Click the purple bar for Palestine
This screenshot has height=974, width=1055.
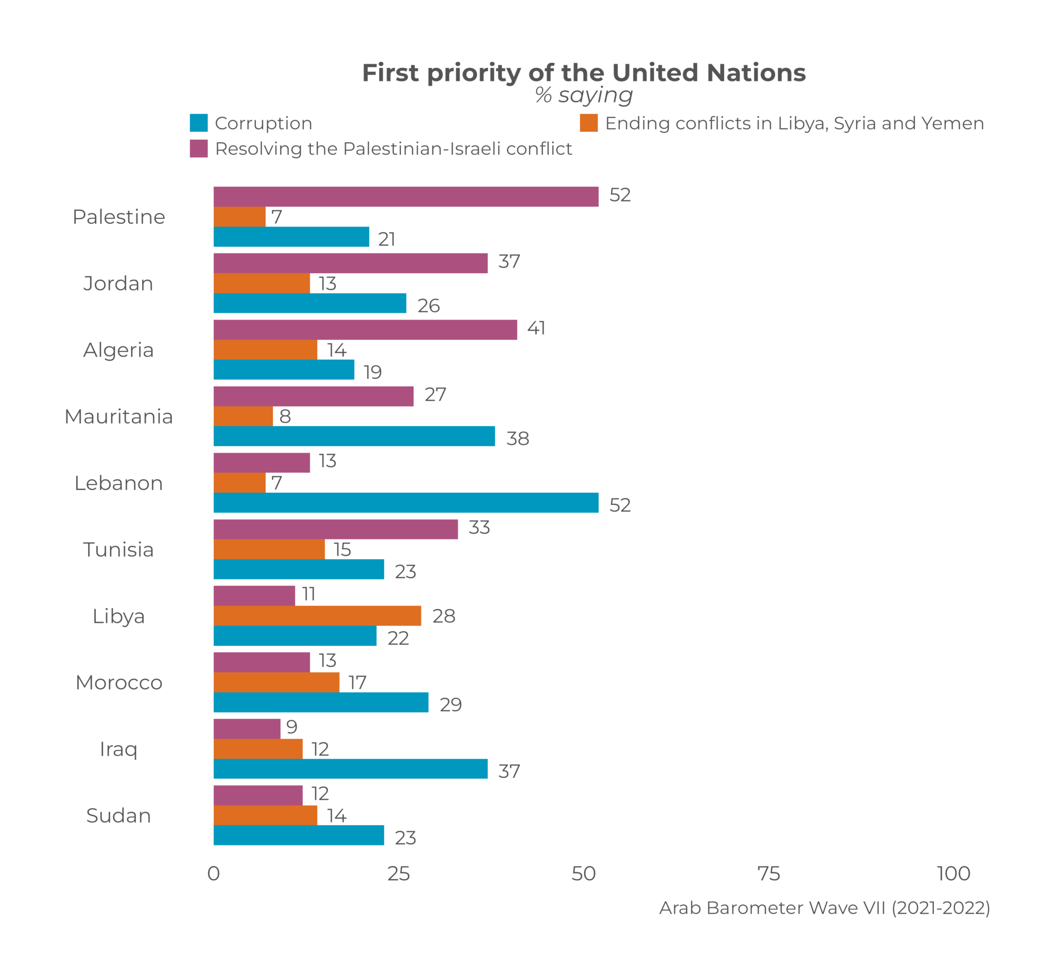tap(405, 196)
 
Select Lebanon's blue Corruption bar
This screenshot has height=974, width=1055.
tap(405, 503)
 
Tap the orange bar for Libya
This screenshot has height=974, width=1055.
tap(317, 616)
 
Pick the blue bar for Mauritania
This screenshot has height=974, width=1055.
tap(354, 436)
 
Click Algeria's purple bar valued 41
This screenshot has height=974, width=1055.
tap(365, 329)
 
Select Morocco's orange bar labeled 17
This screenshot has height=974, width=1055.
tap(277, 682)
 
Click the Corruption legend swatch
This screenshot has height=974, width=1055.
tap(198, 123)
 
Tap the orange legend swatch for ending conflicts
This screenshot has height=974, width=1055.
tap(588, 123)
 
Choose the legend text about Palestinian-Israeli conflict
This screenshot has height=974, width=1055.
tap(393, 148)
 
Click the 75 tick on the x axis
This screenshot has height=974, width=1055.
tap(769, 874)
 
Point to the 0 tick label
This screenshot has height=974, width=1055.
tap(213, 874)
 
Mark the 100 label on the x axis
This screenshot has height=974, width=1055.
tap(954, 874)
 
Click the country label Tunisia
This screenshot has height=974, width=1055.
tap(118, 549)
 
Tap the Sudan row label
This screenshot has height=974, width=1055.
tap(118, 815)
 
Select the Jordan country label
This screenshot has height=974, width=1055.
tap(118, 283)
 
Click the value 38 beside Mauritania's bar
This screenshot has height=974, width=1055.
tap(517, 439)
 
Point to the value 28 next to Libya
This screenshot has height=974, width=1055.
tap(444, 616)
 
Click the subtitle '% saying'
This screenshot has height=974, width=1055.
tap(584, 95)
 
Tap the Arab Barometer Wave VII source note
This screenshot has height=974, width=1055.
tap(824, 908)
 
